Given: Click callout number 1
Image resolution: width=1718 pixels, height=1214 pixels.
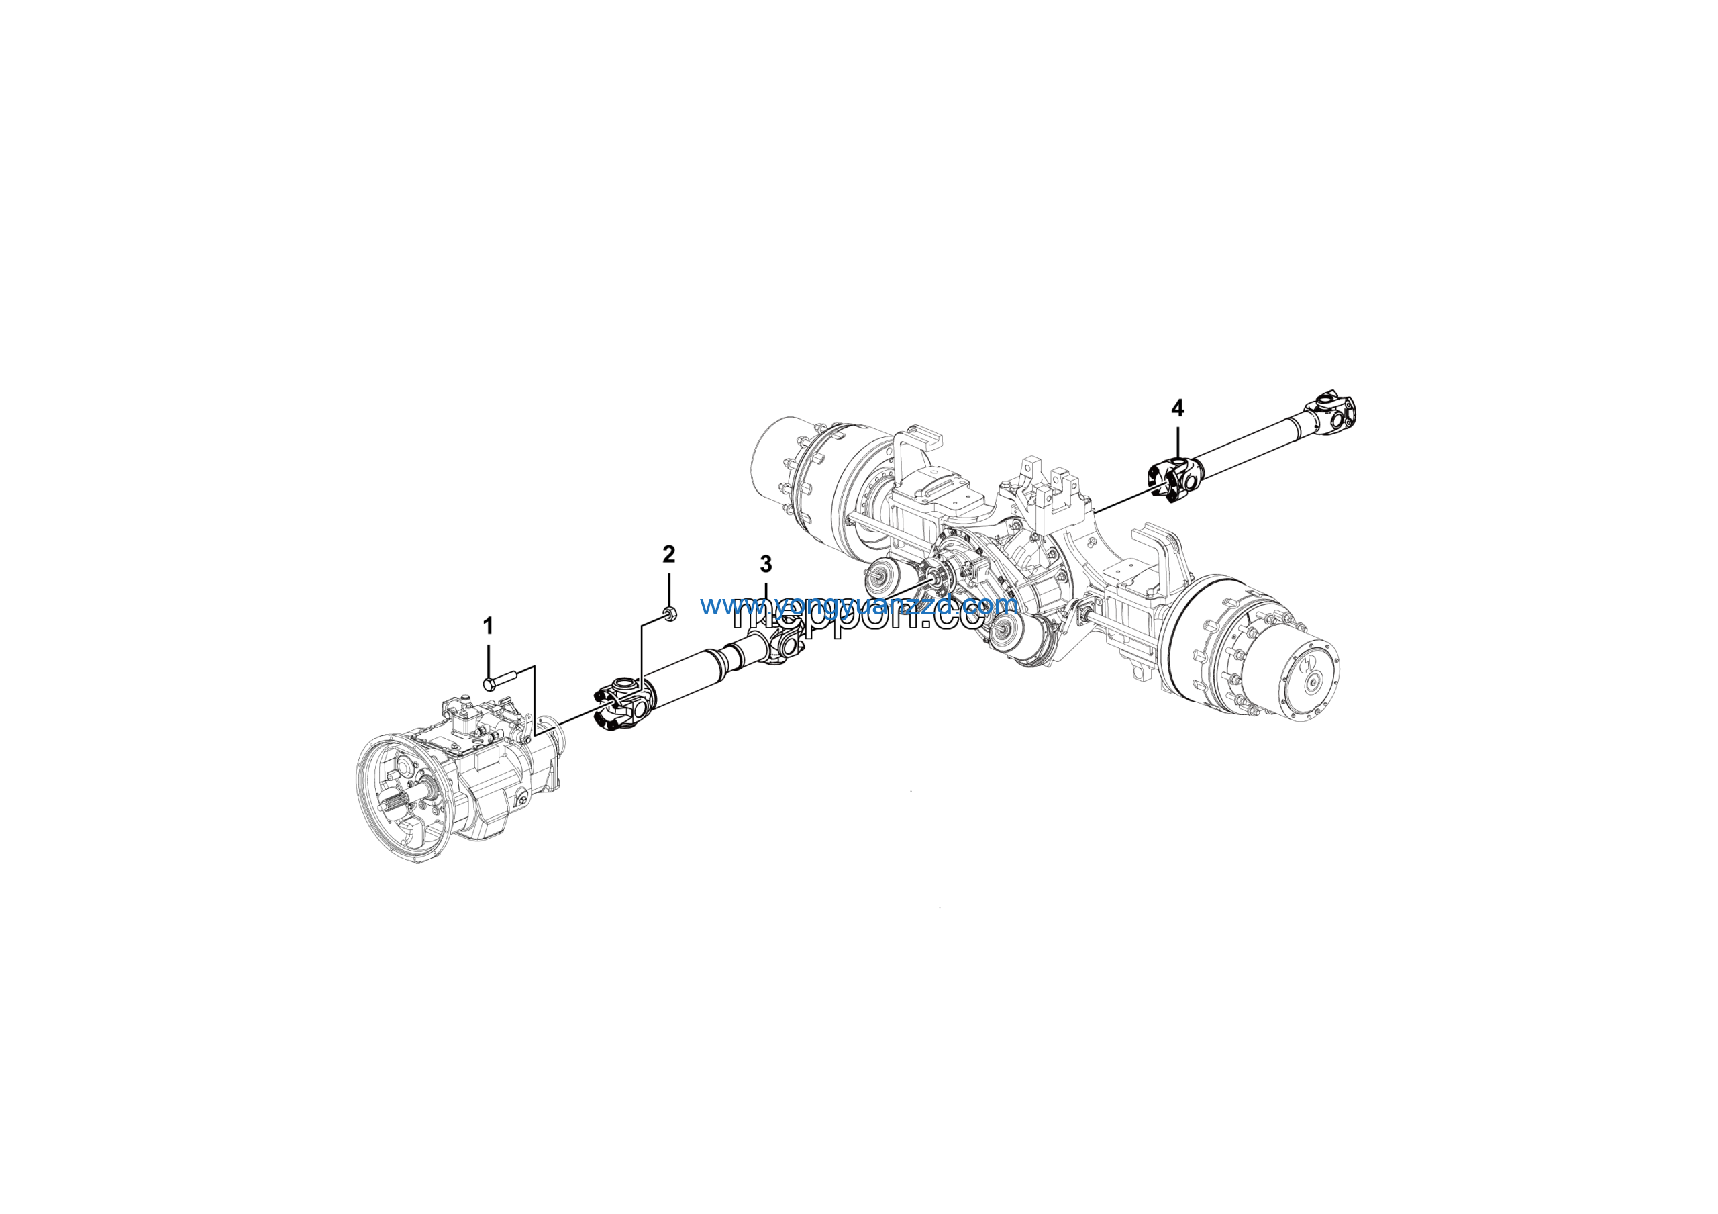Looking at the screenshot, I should [488, 626].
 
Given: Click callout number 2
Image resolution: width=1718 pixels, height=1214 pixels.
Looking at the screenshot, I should [668, 554].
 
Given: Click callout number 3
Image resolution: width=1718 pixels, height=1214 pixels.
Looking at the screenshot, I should [766, 563].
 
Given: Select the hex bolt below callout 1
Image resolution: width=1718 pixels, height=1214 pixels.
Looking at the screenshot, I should [500, 682].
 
